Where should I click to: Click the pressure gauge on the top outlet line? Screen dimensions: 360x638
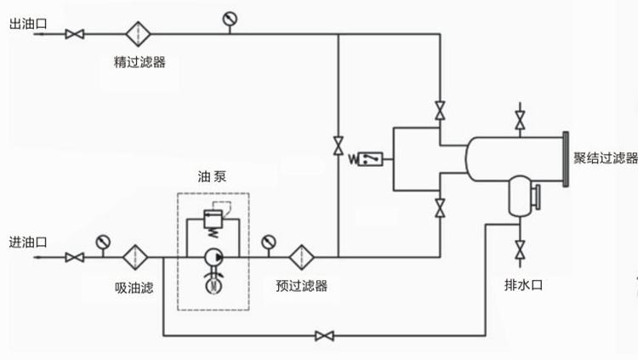click(229, 19)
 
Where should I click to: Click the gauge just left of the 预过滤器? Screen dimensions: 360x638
click(268, 241)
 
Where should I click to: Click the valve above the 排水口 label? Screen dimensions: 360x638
click(520, 252)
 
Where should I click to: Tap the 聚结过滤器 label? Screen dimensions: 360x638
click(605, 158)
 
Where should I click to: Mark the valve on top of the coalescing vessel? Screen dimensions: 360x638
click(520, 119)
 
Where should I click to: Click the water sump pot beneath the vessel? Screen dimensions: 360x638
click(517, 197)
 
